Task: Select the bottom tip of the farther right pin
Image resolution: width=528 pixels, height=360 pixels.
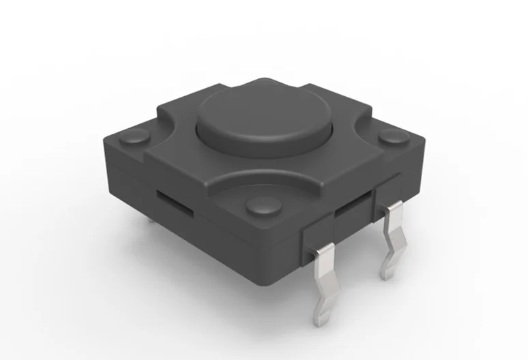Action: [x=387, y=272]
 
